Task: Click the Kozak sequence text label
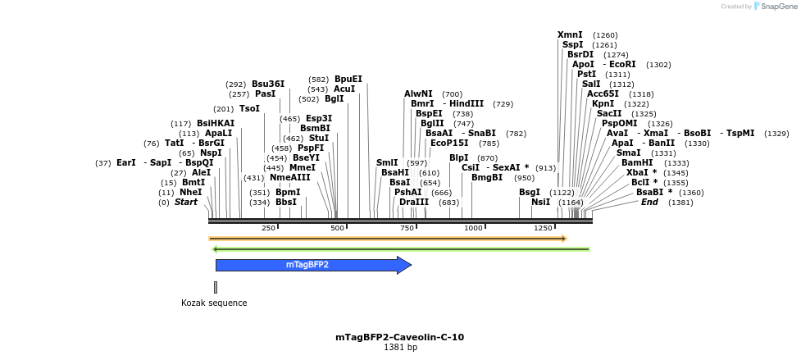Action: pyautogui.click(x=214, y=303)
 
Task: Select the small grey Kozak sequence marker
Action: pyautogui.click(x=216, y=287)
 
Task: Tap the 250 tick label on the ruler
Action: pyautogui.click(x=268, y=228)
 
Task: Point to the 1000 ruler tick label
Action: pyautogui.click(x=473, y=228)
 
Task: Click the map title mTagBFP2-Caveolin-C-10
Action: pyautogui.click(x=399, y=337)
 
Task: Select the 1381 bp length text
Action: pyautogui.click(x=400, y=348)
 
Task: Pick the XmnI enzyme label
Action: pyautogui.click(x=570, y=34)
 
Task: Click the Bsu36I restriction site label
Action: pyautogui.click(x=268, y=84)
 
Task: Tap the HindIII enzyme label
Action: pyautogui.click(x=466, y=103)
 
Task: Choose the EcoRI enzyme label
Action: pyautogui.click(x=622, y=64)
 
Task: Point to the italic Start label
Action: pyautogui.click(x=186, y=202)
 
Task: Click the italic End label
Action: pyautogui.click(x=649, y=202)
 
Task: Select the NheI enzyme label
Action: pyautogui.click(x=191, y=192)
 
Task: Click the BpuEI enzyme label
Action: pyautogui.click(x=348, y=79)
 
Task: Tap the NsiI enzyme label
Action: pyautogui.click(x=540, y=202)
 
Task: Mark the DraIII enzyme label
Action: pyautogui.click(x=414, y=202)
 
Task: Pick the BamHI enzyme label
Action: pyautogui.click(x=637, y=162)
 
